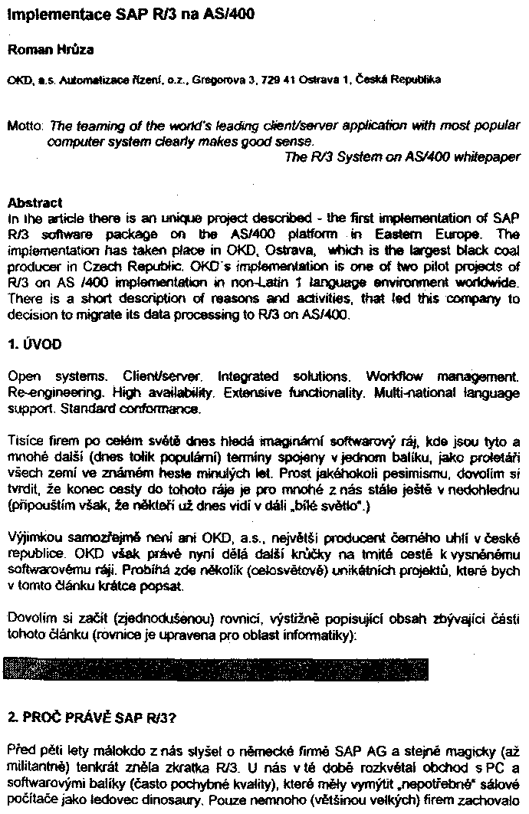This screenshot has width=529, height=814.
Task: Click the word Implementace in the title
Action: point(47,15)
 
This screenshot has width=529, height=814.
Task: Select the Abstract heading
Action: point(34,203)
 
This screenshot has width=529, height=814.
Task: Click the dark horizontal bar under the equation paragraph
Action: point(216,668)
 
